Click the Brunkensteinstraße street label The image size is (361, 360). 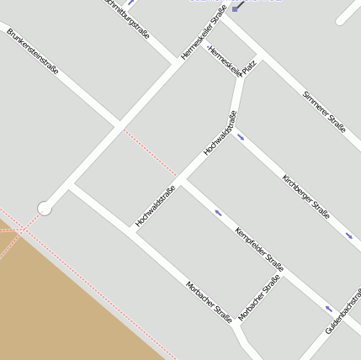tap(32, 52)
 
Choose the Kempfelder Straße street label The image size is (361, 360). tap(259, 249)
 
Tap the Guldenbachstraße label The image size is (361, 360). tap(342, 312)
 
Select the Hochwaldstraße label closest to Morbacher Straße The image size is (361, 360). tap(155, 206)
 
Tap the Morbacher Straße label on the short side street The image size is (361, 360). tap(259, 299)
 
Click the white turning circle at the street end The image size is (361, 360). tap(45, 208)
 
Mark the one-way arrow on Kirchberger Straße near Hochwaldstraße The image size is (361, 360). tap(242, 135)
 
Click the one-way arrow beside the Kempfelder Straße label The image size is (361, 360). tap(219, 212)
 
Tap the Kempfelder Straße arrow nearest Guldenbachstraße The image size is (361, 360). tap(329, 309)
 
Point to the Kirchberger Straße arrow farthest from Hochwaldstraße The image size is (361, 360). tap(349, 236)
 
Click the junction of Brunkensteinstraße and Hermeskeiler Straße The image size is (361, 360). tap(118, 126)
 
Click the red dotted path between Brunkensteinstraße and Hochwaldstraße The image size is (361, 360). tap(151, 153)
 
